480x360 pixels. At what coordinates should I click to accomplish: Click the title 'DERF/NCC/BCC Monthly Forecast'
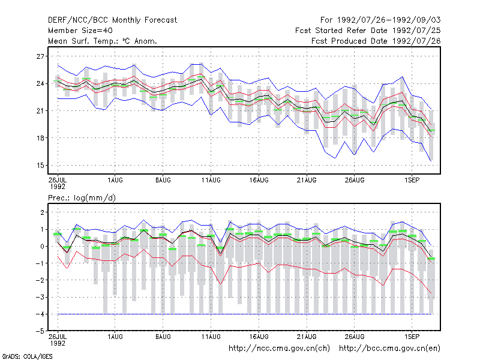click(x=112, y=20)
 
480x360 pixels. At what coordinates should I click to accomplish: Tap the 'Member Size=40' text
click(x=80, y=31)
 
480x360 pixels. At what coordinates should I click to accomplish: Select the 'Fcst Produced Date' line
click(x=376, y=41)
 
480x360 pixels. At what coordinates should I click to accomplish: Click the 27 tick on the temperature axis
click(x=40, y=56)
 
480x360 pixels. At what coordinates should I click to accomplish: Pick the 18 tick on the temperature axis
click(x=40, y=138)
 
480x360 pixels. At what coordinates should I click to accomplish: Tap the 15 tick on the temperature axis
click(x=40, y=166)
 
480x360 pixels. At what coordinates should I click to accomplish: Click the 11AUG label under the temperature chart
click(x=211, y=180)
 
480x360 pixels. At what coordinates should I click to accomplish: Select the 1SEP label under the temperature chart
click(x=412, y=180)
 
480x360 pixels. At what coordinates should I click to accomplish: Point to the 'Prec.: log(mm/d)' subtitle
click(x=82, y=198)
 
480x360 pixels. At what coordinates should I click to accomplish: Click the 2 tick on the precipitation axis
click(x=42, y=212)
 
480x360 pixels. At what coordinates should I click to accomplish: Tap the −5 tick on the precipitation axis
click(x=40, y=331)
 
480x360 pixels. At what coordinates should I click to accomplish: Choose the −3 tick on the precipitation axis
click(x=40, y=297)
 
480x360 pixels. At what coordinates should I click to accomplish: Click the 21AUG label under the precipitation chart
click(x=307, y=337)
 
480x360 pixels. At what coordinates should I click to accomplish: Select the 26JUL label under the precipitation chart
click(x=58, y=337)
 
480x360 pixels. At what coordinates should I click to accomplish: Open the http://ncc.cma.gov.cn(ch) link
click(x=279, y=349)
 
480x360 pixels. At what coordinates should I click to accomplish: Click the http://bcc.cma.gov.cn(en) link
click(x=389, y=349)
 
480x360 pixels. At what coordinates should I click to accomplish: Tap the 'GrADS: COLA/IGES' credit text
click(x=27, y=356)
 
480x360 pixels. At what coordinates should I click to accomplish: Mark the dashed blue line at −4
click(x=245, y=314)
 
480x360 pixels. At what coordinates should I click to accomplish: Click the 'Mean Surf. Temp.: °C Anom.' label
click(x=103, y=41)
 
